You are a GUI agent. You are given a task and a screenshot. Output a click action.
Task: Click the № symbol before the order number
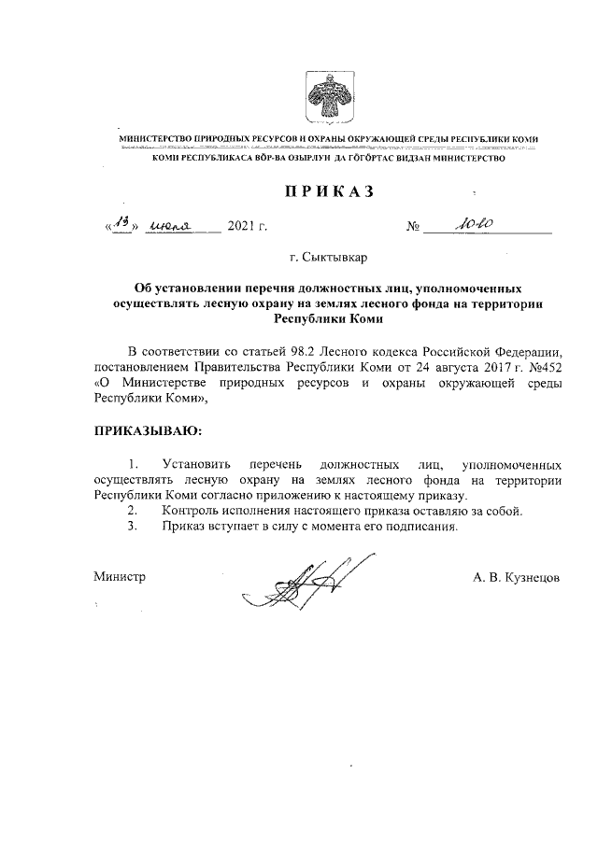pyautogui.click(x=415, y=227)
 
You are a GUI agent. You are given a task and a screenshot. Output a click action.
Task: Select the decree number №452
pyautogui.click(x=542, y=366)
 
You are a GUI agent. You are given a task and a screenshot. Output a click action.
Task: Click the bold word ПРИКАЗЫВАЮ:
pyautogui.click(x=147, y=430)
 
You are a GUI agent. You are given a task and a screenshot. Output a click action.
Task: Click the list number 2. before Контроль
pyautogui.click(x=133, y=511)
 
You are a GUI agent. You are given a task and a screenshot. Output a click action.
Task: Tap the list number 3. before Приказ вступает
pyautogui.click(x=133, y=527)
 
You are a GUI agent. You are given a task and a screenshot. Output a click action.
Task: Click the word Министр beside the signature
pyautogui.click(x=120, y=578)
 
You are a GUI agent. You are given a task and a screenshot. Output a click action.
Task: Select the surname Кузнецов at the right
pyautogui.click(x=530, y=578)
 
